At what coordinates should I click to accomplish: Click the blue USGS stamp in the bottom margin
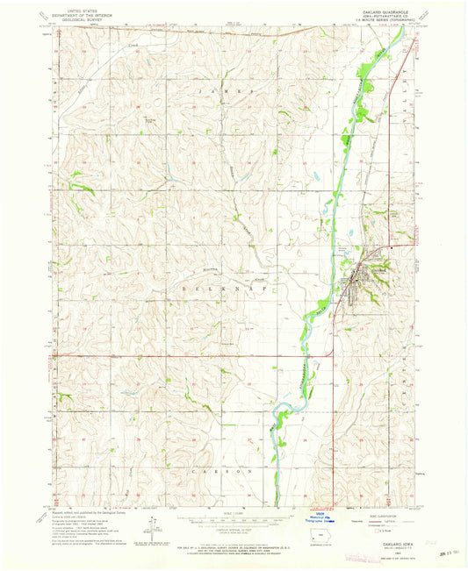[x=320, y=519]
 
